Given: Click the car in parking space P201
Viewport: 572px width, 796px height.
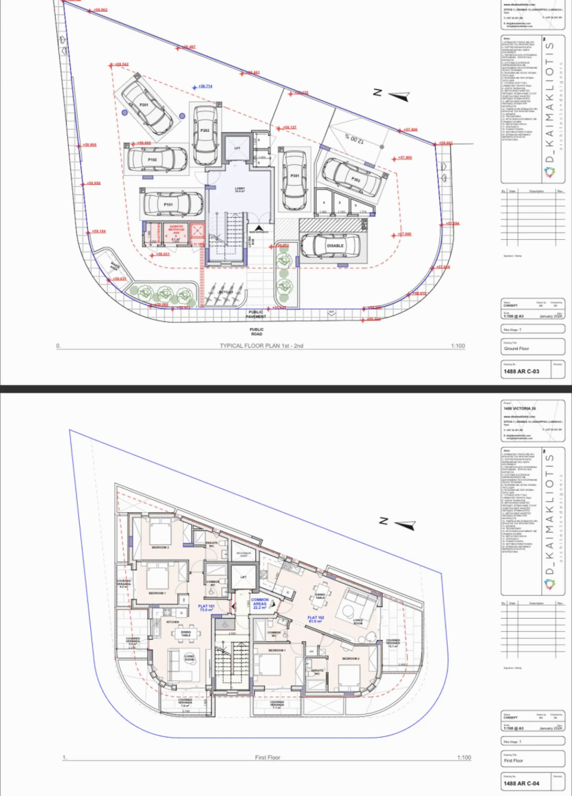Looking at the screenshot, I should click(147, 107).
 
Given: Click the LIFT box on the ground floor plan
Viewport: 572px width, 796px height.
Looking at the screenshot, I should click(237, 148).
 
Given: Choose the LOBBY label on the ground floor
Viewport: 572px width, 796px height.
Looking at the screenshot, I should click(240, 189).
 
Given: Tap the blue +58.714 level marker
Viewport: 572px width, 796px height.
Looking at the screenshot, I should click(204, 86).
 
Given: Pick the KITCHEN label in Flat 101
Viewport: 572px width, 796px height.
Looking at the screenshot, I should click(172, 621).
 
